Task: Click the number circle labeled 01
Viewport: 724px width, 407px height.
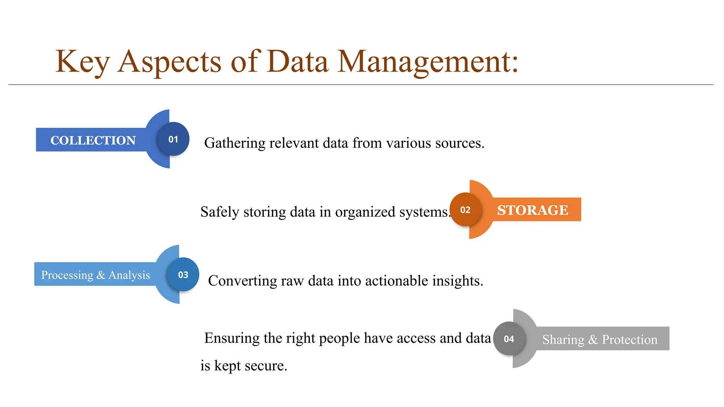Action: pos(173,139)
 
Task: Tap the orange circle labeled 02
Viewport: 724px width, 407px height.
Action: pos(465,210)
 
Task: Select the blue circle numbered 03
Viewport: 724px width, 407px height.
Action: pos(183,275)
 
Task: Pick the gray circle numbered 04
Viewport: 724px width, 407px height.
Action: pos(509,339)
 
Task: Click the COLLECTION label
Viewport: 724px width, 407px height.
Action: pos(93,140)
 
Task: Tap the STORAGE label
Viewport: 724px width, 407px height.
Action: pos(532,210)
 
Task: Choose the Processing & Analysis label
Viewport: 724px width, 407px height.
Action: pos(95,275)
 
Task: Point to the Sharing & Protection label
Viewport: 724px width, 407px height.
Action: pos(600,339)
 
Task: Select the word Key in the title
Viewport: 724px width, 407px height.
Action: pos(82,62)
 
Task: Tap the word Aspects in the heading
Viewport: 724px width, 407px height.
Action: pos(169,62)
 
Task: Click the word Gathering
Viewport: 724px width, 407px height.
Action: pos(235,143)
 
